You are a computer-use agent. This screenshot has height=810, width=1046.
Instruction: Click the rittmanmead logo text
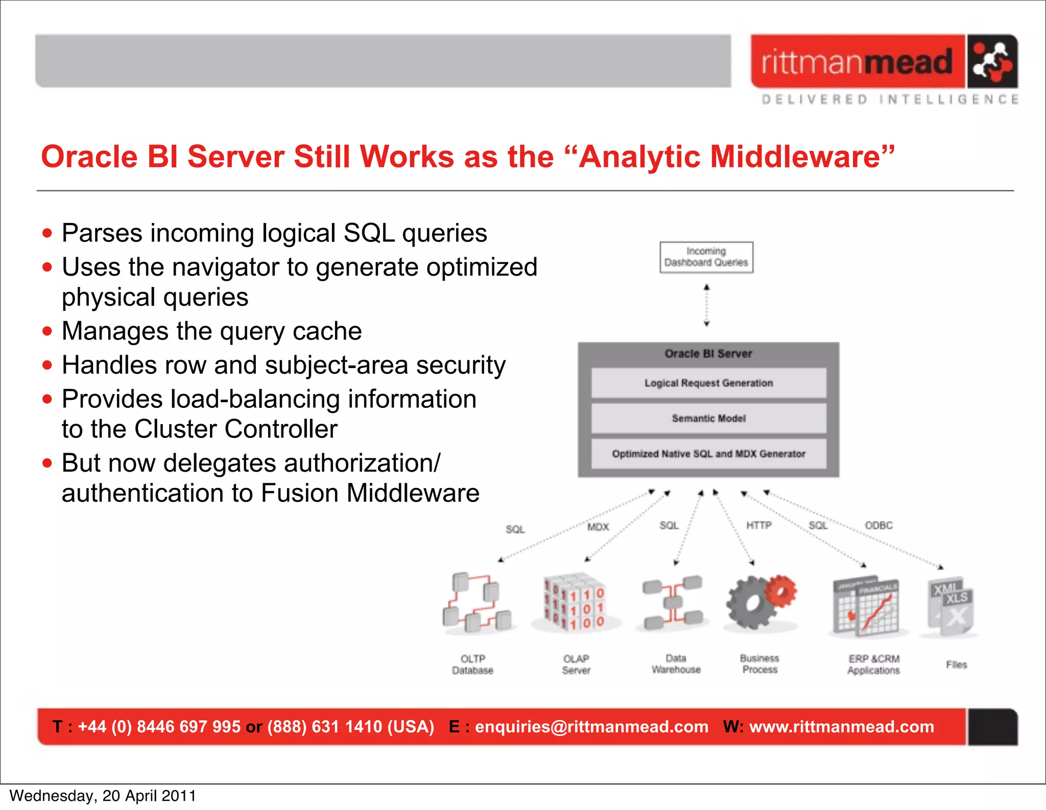(857, 62)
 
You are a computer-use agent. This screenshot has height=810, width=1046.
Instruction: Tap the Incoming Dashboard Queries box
(706, 257)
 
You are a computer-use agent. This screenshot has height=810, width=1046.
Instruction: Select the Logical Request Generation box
(708, 383)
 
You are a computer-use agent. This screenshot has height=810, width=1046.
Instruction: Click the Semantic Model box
(708, 419)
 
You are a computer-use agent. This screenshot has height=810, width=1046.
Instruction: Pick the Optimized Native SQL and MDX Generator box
(708, 454)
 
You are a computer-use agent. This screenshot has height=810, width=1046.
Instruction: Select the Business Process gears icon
(760, 602)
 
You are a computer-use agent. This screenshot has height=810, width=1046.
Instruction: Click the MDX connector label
(598, 527)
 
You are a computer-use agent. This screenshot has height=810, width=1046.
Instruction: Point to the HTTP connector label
(759, 525)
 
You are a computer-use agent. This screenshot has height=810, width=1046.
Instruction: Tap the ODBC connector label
(878, 525)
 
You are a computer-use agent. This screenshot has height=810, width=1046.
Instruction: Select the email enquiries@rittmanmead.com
(591, 727)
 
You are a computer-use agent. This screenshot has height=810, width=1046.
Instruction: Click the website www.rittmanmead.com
(841, 727)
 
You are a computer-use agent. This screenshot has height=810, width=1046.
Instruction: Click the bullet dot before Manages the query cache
(47, 331)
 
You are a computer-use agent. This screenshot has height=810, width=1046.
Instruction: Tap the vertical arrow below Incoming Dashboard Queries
(706, 305)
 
